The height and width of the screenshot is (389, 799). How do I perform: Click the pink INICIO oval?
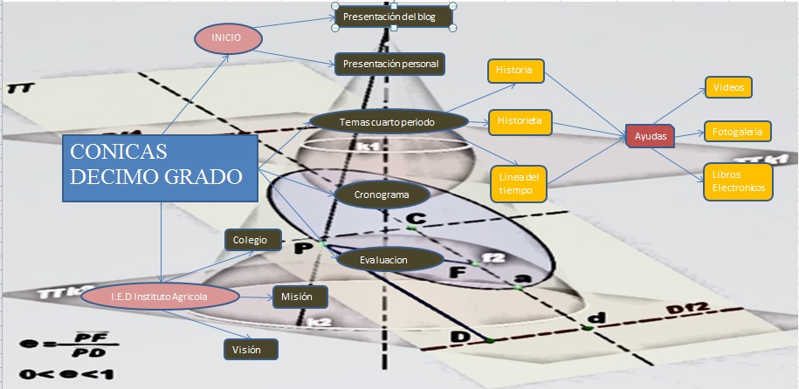[226, 38]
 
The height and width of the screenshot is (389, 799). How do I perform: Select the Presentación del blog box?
[394, 17]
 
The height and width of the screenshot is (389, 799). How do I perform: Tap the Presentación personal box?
[389, 64]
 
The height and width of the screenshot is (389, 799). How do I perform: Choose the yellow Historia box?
[514, 71]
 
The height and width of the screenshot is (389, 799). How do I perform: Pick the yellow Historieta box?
[520, 121]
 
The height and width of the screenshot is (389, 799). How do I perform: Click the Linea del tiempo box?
[520, 178]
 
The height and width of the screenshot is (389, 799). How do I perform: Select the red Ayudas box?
[650, 136]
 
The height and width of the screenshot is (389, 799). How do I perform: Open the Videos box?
[727, 88]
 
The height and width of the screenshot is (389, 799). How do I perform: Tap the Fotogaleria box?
[736, 133]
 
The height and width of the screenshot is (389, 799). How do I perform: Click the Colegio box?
[252, 240]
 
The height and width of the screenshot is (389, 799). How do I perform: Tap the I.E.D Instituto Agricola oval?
[159, 297]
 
